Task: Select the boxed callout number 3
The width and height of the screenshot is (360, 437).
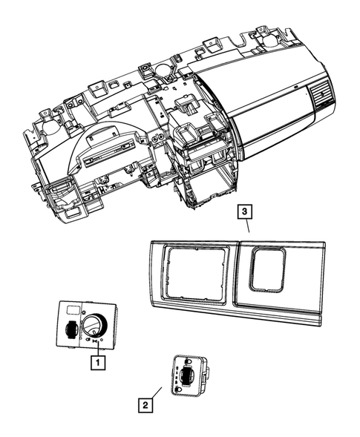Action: (246, 211)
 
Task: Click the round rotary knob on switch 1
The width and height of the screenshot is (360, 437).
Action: (95, 326)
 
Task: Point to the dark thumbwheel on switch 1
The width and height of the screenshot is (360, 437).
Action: (69, 330)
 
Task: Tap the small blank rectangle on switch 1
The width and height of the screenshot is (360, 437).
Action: (73, 309)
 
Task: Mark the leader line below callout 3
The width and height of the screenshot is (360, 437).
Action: (248, 227)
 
